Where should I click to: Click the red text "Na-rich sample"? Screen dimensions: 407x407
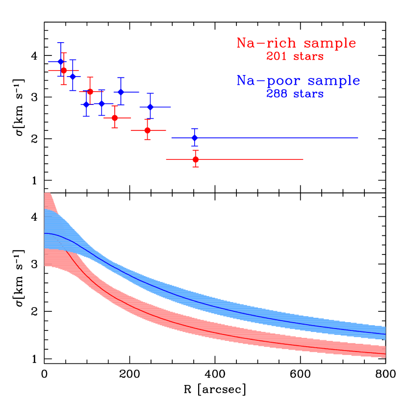click(x=296, y=43)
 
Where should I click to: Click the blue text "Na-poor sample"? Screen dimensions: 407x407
click(x=298, y=80)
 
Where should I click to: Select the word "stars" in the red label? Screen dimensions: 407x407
click(x=308, y=57)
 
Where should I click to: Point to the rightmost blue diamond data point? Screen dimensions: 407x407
click(x=195, y=138)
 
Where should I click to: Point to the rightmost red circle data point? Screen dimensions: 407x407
click(x=196, y=159)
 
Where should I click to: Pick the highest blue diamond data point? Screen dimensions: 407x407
click(x=61, y=61)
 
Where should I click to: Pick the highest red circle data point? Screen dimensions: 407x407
click(x=64, y=70)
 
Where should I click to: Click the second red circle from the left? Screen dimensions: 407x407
click(x=90, y=92)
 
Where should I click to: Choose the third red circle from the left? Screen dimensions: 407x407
click(x=115, y=118)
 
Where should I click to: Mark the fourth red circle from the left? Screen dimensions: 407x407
click(x=147, y=130)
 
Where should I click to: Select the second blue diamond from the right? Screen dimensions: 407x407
click(x=151, y=106)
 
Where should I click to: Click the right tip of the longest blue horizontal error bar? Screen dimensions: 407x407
click(x=358, y=138)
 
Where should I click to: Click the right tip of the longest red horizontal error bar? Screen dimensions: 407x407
click(x=304, y=159)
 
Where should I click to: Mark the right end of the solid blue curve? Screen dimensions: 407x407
click(x=385, y=334)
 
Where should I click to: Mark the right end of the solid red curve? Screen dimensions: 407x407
click(x=385, y=354)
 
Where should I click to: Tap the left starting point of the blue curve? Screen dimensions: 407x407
click(x=45, y=233)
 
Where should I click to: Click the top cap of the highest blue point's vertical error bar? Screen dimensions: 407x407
click(x=61, y=43)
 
